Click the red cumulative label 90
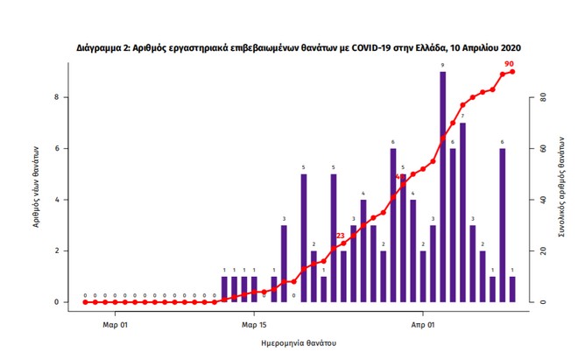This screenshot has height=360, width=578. pos(509,64)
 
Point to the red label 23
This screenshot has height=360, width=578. pos(341,235)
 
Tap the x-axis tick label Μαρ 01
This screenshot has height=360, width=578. pos(115,324)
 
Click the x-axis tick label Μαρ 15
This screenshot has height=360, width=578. pos(254,324)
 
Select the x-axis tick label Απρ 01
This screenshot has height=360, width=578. pos(423,324)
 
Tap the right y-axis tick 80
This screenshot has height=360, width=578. pos(542,97)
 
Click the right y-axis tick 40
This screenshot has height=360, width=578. pos(542,200)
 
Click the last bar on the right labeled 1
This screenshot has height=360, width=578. pos(512,289)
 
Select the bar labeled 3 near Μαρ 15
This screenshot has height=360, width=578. pos(284,264)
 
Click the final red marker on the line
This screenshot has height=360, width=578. pos(512,72)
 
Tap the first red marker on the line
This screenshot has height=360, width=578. pos(85,302)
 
